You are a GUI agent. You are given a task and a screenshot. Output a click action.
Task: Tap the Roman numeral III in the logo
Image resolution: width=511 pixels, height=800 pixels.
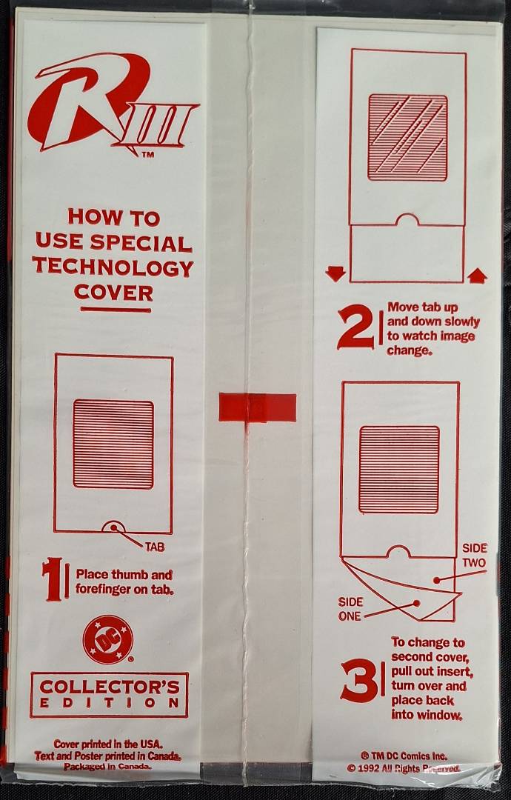click(158, 125)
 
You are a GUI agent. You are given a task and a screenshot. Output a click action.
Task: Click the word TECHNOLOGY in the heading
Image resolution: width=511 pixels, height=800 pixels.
click(113, 267)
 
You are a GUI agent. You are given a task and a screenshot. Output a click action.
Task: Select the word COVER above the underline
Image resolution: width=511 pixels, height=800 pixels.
click(113, 293)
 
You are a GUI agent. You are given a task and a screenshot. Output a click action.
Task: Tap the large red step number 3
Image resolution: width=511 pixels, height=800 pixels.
click(359, 680)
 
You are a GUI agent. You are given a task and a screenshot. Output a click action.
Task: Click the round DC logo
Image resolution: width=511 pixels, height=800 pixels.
click(107, 640)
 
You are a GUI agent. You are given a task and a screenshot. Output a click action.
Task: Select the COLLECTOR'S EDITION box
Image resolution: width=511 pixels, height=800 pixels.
click(109, 695)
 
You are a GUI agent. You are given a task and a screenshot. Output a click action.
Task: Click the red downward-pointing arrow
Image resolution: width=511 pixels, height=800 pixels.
click(335, 275)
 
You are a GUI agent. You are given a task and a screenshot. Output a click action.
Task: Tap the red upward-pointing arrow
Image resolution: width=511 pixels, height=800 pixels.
click(477, 276)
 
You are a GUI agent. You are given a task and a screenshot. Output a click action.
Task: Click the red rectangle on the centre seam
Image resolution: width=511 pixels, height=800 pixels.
click(258, 407)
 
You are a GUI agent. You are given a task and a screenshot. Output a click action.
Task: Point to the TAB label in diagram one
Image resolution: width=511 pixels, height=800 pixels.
click(155, 547)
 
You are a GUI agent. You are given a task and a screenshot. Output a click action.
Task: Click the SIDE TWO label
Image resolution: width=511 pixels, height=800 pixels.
click(474, 556)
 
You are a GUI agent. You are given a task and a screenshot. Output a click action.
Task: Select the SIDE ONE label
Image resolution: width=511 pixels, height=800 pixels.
click(350, 609)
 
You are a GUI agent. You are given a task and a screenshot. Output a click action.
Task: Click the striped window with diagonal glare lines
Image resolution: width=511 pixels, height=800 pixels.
click(407, 138)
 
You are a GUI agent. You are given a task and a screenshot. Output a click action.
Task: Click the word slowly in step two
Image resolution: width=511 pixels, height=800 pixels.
click(461, 321)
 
